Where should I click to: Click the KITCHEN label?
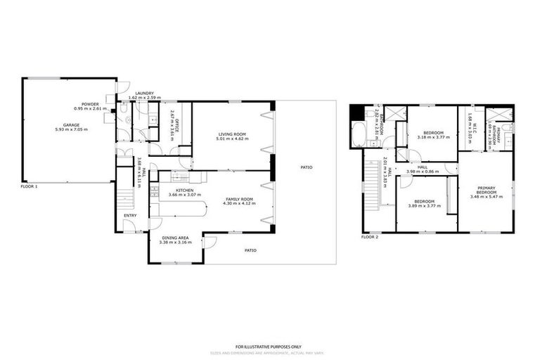[x=185, y=191]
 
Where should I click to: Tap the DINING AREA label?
[x=175, y=238]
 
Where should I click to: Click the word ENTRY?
[x=131, y=216]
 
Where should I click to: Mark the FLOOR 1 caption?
[x=28, y=186]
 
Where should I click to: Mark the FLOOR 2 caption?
[x=370, y=237]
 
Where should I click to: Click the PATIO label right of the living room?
[x=306, y=167]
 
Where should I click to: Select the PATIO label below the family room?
[x=250, y=250]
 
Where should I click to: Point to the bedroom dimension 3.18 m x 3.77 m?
[x=432, y=136]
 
